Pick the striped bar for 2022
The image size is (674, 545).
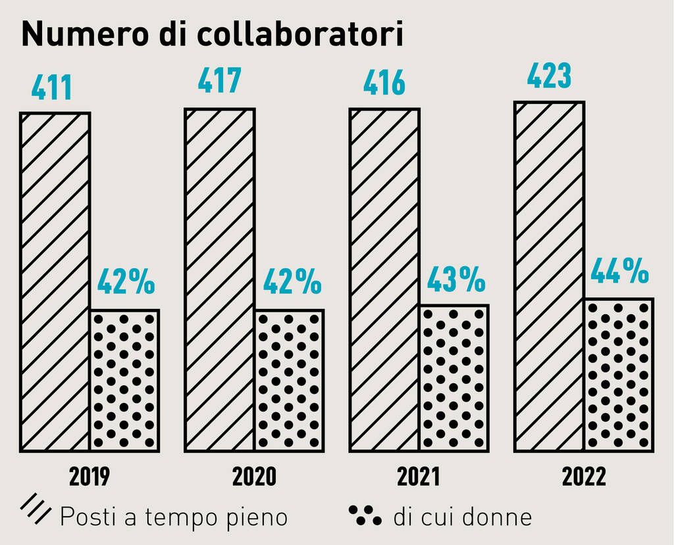pos(548,276)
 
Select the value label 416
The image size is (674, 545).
pos(384,83)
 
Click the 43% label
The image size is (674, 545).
pos(456,279)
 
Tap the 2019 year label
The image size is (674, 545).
pos(90,477)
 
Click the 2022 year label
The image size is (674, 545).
pos(584,477)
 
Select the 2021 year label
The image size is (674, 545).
pos(418,477)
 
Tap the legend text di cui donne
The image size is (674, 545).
pos(463,517)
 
